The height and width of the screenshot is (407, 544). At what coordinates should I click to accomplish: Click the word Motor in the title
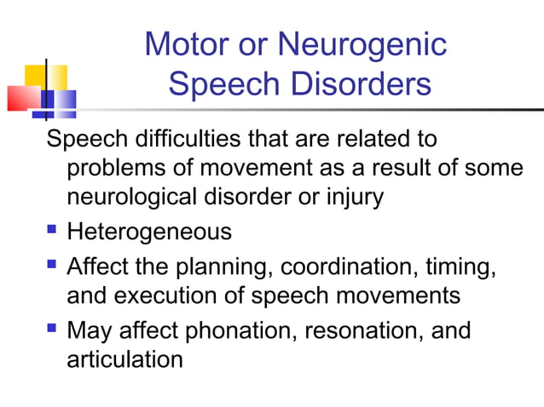[182, 44]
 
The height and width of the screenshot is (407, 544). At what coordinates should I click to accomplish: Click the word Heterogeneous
[148, 231]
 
